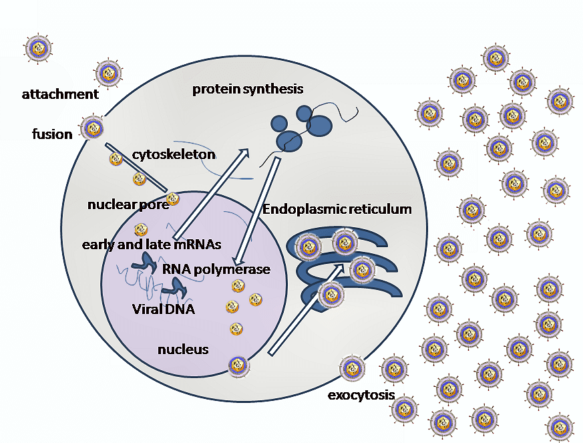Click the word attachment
coord(60,94)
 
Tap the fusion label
coord(52,134)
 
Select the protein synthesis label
coord(248,89)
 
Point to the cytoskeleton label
coord(174,154)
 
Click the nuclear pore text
coord(128,204)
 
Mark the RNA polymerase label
coord(216,269)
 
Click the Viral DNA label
coord(164,309)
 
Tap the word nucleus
coord(183,349)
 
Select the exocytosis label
coord(361,395)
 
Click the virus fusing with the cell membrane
coord(92,127)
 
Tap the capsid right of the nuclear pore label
coord(173,198)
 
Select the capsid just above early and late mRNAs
coord(141,230)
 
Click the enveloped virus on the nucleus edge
coord(238,365)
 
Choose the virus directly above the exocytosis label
coord(353,368)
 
